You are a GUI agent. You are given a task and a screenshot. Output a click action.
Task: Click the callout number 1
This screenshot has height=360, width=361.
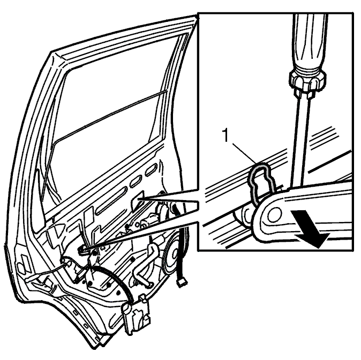click(226, 135)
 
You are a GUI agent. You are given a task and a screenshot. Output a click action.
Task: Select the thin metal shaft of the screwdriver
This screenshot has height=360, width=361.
click(301, 140)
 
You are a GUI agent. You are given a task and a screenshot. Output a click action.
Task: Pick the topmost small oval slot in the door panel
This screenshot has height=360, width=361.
click(151, 170)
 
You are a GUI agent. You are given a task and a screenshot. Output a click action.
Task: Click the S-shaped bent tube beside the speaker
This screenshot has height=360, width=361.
click(145, 263)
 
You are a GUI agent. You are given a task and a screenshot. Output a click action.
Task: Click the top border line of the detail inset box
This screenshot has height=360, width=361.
click(276, 13)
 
